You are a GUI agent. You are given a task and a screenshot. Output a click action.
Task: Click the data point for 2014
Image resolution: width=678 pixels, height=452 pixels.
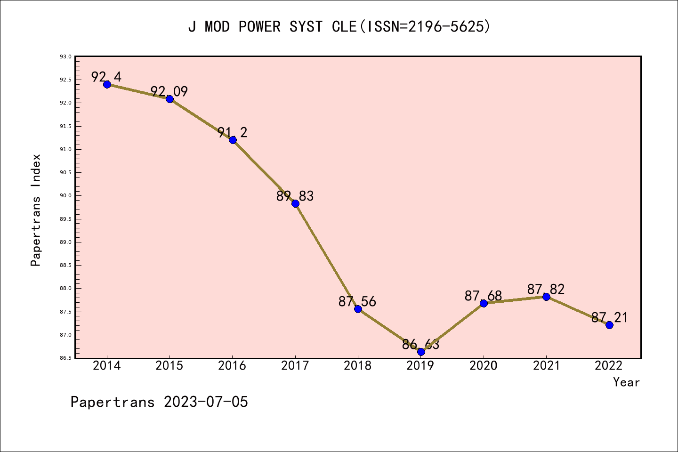tap(107, 84)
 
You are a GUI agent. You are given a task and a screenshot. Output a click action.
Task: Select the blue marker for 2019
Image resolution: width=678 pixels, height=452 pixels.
tap(421, 352)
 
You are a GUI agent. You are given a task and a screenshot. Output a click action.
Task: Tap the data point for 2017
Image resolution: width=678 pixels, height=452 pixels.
tap(295, 203)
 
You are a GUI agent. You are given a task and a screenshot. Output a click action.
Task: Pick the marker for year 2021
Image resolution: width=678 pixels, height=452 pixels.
tap(546, 297)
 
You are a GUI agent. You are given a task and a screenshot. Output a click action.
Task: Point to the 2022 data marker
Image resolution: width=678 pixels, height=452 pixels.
tap(609, 325)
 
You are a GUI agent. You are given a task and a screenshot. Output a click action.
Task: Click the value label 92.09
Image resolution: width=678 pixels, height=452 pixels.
tap(169, 91)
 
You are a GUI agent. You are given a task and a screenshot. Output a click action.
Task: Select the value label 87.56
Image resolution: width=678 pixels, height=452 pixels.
tap(357, 301)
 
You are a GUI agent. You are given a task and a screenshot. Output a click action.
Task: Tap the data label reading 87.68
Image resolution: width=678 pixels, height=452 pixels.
tap(483, 296)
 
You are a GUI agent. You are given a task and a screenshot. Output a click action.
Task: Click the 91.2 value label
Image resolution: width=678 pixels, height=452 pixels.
tap(232, 132)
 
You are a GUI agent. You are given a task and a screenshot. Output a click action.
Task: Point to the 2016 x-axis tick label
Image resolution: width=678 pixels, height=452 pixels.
tap(232, 366)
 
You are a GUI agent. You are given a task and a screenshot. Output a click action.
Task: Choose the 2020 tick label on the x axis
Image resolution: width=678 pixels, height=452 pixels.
tap(484, 366)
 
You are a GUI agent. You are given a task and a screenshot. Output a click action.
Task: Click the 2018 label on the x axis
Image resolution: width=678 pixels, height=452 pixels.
tap(358, 366)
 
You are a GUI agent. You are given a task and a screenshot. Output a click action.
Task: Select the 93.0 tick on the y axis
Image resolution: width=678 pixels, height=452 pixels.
tap(65, 56)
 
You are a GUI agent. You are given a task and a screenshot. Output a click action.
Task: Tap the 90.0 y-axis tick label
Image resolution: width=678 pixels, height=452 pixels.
tap(65, 196)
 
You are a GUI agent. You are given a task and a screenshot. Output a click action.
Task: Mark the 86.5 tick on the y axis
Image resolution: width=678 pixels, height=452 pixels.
tap(65, 358)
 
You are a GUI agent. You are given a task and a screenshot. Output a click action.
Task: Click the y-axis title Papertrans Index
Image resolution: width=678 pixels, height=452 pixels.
tap(36, 210)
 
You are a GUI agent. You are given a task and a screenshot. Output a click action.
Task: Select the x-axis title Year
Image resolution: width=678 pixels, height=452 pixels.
tap(626, 382)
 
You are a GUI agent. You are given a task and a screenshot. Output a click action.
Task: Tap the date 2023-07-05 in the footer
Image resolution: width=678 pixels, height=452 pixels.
tap(206, 402)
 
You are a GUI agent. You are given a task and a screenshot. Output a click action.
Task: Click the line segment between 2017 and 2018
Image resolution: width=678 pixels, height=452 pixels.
tap(326, 256)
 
